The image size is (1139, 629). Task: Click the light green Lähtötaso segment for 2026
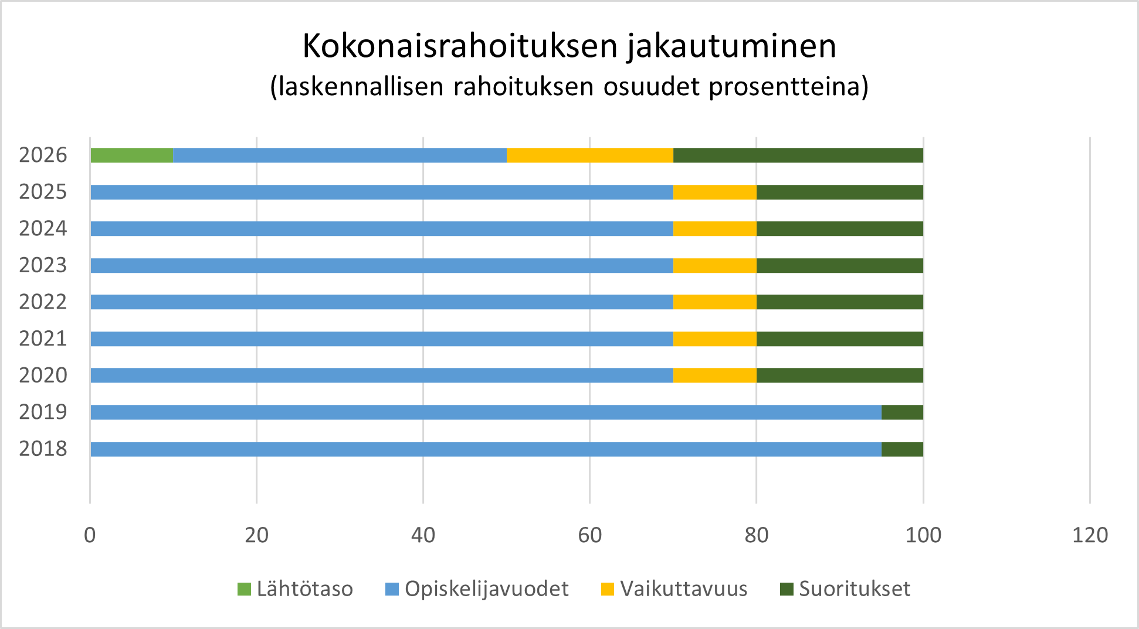click(x=132, y=155)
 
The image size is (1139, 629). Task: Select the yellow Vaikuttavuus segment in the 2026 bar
click(x=590, y=155)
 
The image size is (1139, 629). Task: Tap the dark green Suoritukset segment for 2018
click(x=902, y=449)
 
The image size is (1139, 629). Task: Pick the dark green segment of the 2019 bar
click(x=902, y=412)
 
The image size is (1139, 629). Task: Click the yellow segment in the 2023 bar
click(x=714, y=265)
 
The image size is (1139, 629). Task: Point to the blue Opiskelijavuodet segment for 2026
click(x=340, y=155)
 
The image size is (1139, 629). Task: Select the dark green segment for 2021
click(x=839, y=339)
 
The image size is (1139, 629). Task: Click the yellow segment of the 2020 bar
click(x=714, y=376)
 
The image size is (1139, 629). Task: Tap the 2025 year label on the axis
click(x=43, y=192)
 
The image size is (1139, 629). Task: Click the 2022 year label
click(x=43, y=302)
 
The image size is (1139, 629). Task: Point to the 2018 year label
click(x=43, y=449)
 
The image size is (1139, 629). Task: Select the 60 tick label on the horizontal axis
click(x=589, y=535)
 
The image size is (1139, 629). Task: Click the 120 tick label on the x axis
click(x=1090, y=535)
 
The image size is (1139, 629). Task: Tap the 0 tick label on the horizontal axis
click(x=90, y=535)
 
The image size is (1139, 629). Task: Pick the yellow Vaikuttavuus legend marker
click(x=608, y=589)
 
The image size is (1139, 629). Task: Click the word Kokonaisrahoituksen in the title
click(x=460, y=46)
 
